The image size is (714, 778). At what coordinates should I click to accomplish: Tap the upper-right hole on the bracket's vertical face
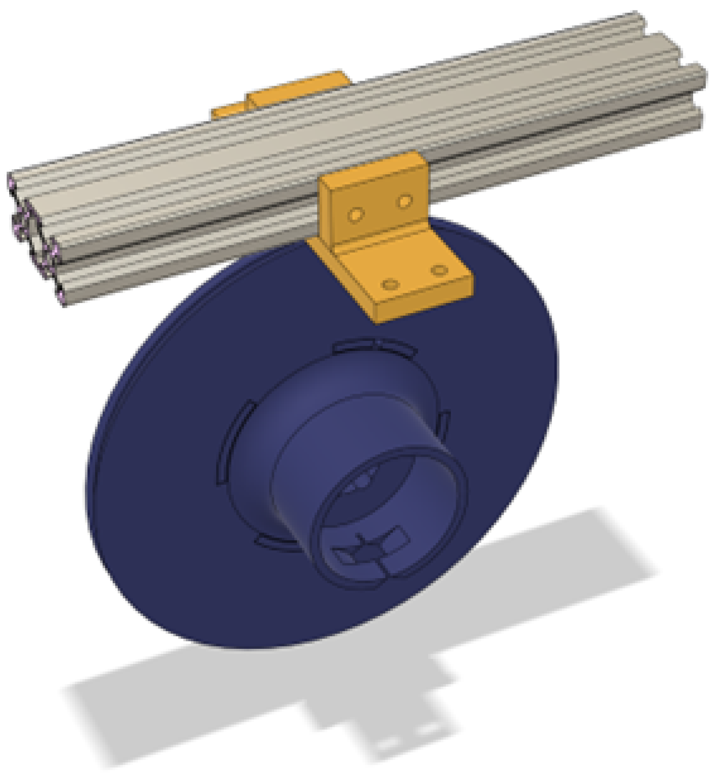point(404,201)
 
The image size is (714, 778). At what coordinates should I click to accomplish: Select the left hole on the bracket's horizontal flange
point(389,285)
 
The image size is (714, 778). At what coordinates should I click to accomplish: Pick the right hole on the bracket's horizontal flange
point(439,271)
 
